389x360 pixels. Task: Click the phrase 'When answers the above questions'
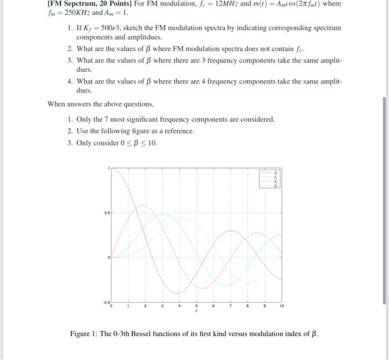tap(100, 103)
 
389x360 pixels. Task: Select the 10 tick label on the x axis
tap(282, 306)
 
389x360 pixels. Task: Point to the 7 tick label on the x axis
tap(231, 306)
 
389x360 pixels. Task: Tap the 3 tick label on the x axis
tap(162, 306)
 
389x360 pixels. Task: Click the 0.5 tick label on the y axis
tap(105, 213)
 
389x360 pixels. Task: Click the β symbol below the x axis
tap(196, 311)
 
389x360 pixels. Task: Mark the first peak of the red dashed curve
tap(142, 205)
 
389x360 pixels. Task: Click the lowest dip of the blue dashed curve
tap(176, 293)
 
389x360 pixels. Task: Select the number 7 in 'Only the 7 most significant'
tap(109, 120)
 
